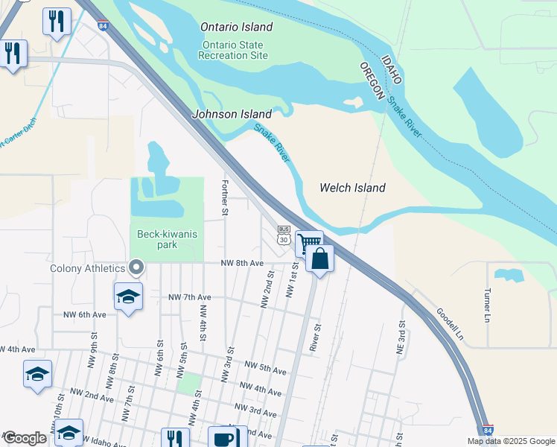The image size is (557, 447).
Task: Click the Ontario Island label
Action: (x=236, y=27)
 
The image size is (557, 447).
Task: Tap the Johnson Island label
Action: (x=232, y=114)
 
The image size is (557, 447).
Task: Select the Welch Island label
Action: (x=352, y=188)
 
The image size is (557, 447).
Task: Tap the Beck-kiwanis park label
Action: (x=167, y=239)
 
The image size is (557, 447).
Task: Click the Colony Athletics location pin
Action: (x=136, y=267)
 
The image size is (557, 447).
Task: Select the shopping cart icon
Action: (x=308, y=242)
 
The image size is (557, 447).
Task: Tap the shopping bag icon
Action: (x=319, y=259)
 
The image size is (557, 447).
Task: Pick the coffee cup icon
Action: (x=222, y=438)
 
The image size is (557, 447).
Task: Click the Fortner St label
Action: (x=224, y=197)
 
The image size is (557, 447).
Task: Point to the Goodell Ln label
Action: (x=450, y=325)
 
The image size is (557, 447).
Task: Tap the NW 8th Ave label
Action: (x=242, y=263)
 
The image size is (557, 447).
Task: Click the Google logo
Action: (x=25, y=438)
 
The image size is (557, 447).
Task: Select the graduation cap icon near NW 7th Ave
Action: (x=128, y=296)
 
